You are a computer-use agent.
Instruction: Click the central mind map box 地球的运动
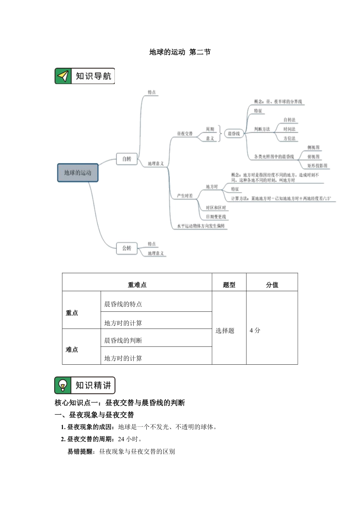(x=78, y=173)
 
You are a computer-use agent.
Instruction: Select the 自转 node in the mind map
(x=127, y=159)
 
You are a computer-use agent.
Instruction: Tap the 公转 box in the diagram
(x=127, y=248)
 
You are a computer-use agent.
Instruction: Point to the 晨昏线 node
(x=233, y=134)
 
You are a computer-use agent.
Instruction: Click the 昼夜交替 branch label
(x=185, y=134)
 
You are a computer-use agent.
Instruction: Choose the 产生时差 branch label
(x=185, y=196)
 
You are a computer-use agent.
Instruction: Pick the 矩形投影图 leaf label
(x=317, y=166)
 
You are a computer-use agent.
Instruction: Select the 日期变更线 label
(x=216, y=217)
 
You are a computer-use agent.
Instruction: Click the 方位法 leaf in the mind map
(x=289, y=138)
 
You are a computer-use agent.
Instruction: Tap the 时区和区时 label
(x=216, y=208)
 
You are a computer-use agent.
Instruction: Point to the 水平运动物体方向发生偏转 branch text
(x=201, y=226)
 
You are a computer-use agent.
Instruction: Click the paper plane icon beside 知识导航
(x=63, y=76)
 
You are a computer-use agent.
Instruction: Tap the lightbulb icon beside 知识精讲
(x=63, y=386)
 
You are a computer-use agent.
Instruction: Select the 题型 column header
(x=229, y=285)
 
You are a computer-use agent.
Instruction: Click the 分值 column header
(x=272, y=285)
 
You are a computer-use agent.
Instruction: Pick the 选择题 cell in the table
(x=225, y=331)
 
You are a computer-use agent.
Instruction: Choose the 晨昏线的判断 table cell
(x=123, y=340)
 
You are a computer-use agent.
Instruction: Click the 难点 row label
(x=72, y=349)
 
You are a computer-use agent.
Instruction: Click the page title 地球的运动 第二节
(x=180, y=52)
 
